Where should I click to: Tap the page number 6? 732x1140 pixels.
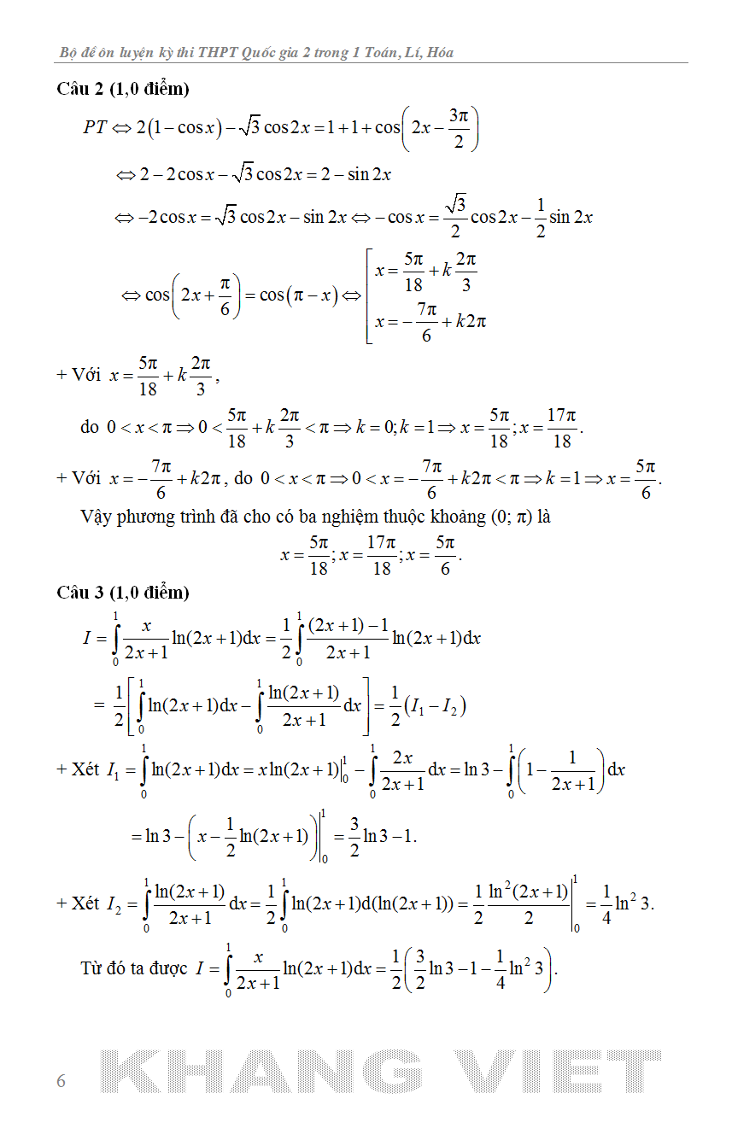[x=61, y=1081]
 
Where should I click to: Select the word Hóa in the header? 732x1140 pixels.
[x=440, y=53]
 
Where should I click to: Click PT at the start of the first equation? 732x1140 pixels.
[x=95, y=127]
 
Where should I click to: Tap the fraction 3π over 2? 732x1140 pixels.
[x=459, y=127]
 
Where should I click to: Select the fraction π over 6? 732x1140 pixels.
[x=225, y=295]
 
